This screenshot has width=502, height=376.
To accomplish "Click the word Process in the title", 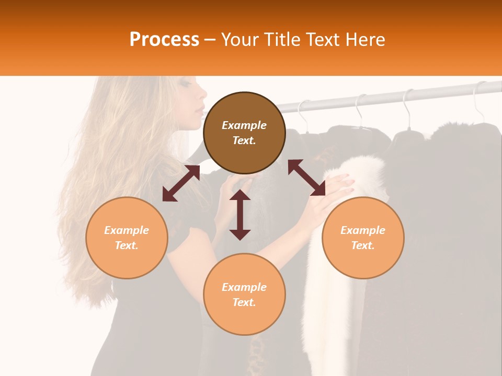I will (x=164, y=40).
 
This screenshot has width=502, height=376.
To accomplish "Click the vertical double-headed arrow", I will (x=240, y=215).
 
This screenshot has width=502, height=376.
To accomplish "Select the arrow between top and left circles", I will (x=181, y=183).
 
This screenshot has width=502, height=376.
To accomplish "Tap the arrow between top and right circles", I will (x=306, y=178).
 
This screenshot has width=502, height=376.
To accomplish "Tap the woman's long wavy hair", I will (x=120, y=157).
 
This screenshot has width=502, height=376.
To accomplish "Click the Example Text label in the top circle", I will (x=244, y=133).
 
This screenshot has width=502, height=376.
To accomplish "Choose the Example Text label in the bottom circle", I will (x=244, y=295).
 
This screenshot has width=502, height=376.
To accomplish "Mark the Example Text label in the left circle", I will (x=127, y=238).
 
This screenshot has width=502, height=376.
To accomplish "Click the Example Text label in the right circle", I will (x=363, y=238).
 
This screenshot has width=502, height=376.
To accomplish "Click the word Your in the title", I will (x=241, y=40).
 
